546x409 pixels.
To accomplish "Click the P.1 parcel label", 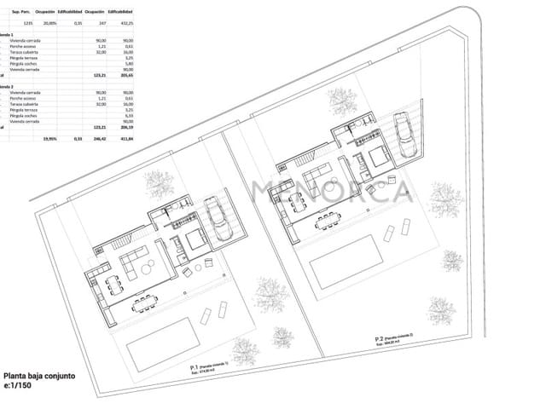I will click(195, 367).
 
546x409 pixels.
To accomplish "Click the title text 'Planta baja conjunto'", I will click(40, 376).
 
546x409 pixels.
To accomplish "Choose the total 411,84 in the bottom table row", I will click(128, 138).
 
